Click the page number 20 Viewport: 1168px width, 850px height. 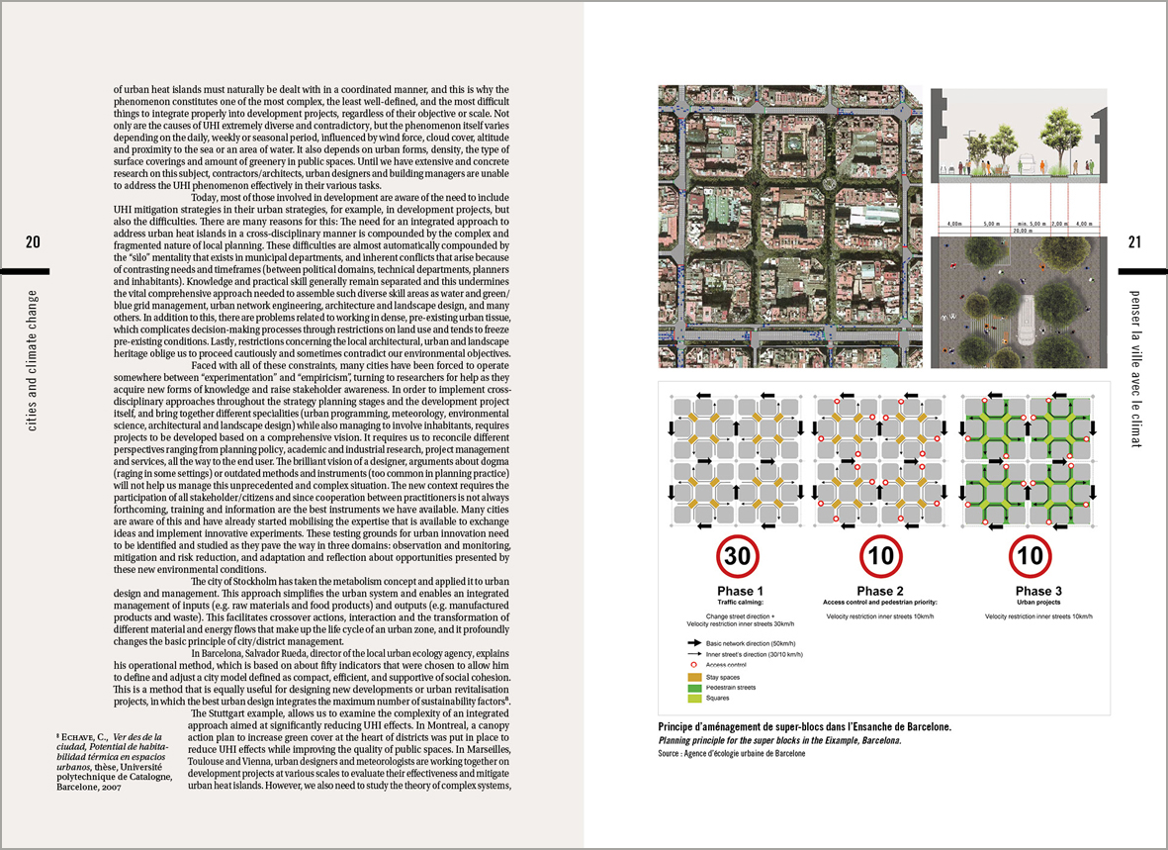coord(33,243)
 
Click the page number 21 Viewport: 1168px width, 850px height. coord(1134,243)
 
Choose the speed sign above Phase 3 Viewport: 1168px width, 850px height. coord(1030,556)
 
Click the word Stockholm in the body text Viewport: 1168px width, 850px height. coord(275,582)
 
